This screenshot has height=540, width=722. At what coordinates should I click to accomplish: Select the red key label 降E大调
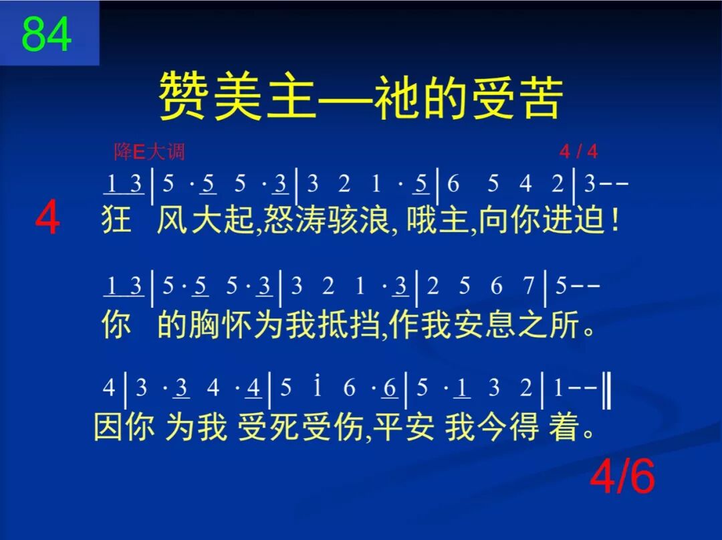[149, 153]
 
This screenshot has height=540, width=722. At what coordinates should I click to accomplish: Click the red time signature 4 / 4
[578, 153]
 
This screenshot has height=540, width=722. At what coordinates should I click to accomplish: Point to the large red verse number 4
[47, 219]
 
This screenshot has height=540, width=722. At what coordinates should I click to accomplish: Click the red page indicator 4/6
[622, 477]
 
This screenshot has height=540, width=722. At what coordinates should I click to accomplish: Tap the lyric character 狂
[116, 219]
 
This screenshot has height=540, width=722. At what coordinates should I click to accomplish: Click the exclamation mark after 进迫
[614, 219]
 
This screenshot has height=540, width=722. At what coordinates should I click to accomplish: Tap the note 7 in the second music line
[529, 287]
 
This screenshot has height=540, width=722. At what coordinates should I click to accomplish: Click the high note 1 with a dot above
[318, 387]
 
